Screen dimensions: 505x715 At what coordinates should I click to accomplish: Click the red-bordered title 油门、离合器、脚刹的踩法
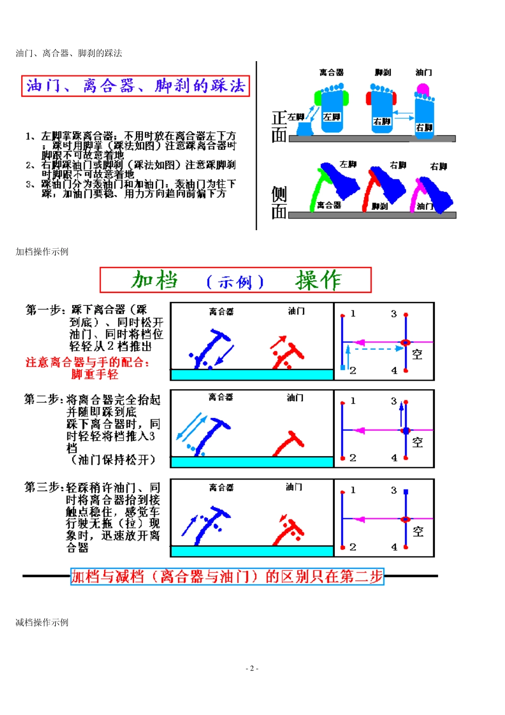tap(136, 86)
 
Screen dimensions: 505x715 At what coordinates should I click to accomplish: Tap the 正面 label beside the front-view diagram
tap(279, 127)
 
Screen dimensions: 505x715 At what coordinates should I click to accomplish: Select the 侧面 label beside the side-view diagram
tap(279, 203)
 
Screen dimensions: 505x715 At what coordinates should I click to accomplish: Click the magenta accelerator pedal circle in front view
tap(423, 89)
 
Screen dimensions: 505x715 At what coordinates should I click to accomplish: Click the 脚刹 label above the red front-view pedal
tap(382, 72)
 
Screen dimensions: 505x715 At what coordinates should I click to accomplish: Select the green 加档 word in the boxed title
tap(155, 280)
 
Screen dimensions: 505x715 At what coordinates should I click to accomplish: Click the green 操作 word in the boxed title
tap(318, 280)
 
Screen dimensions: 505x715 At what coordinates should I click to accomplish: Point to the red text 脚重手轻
tap(95, 374)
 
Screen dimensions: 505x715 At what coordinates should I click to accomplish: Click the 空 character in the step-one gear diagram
tap(417, 355)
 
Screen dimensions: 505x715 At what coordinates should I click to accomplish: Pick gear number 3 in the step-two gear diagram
tap(394, 401)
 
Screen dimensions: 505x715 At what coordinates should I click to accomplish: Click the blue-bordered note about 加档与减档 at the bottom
tap(227, 576)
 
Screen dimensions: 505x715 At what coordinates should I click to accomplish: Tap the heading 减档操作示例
tap(42, 623)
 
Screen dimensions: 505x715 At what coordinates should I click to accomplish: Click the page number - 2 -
tap(252, 668)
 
